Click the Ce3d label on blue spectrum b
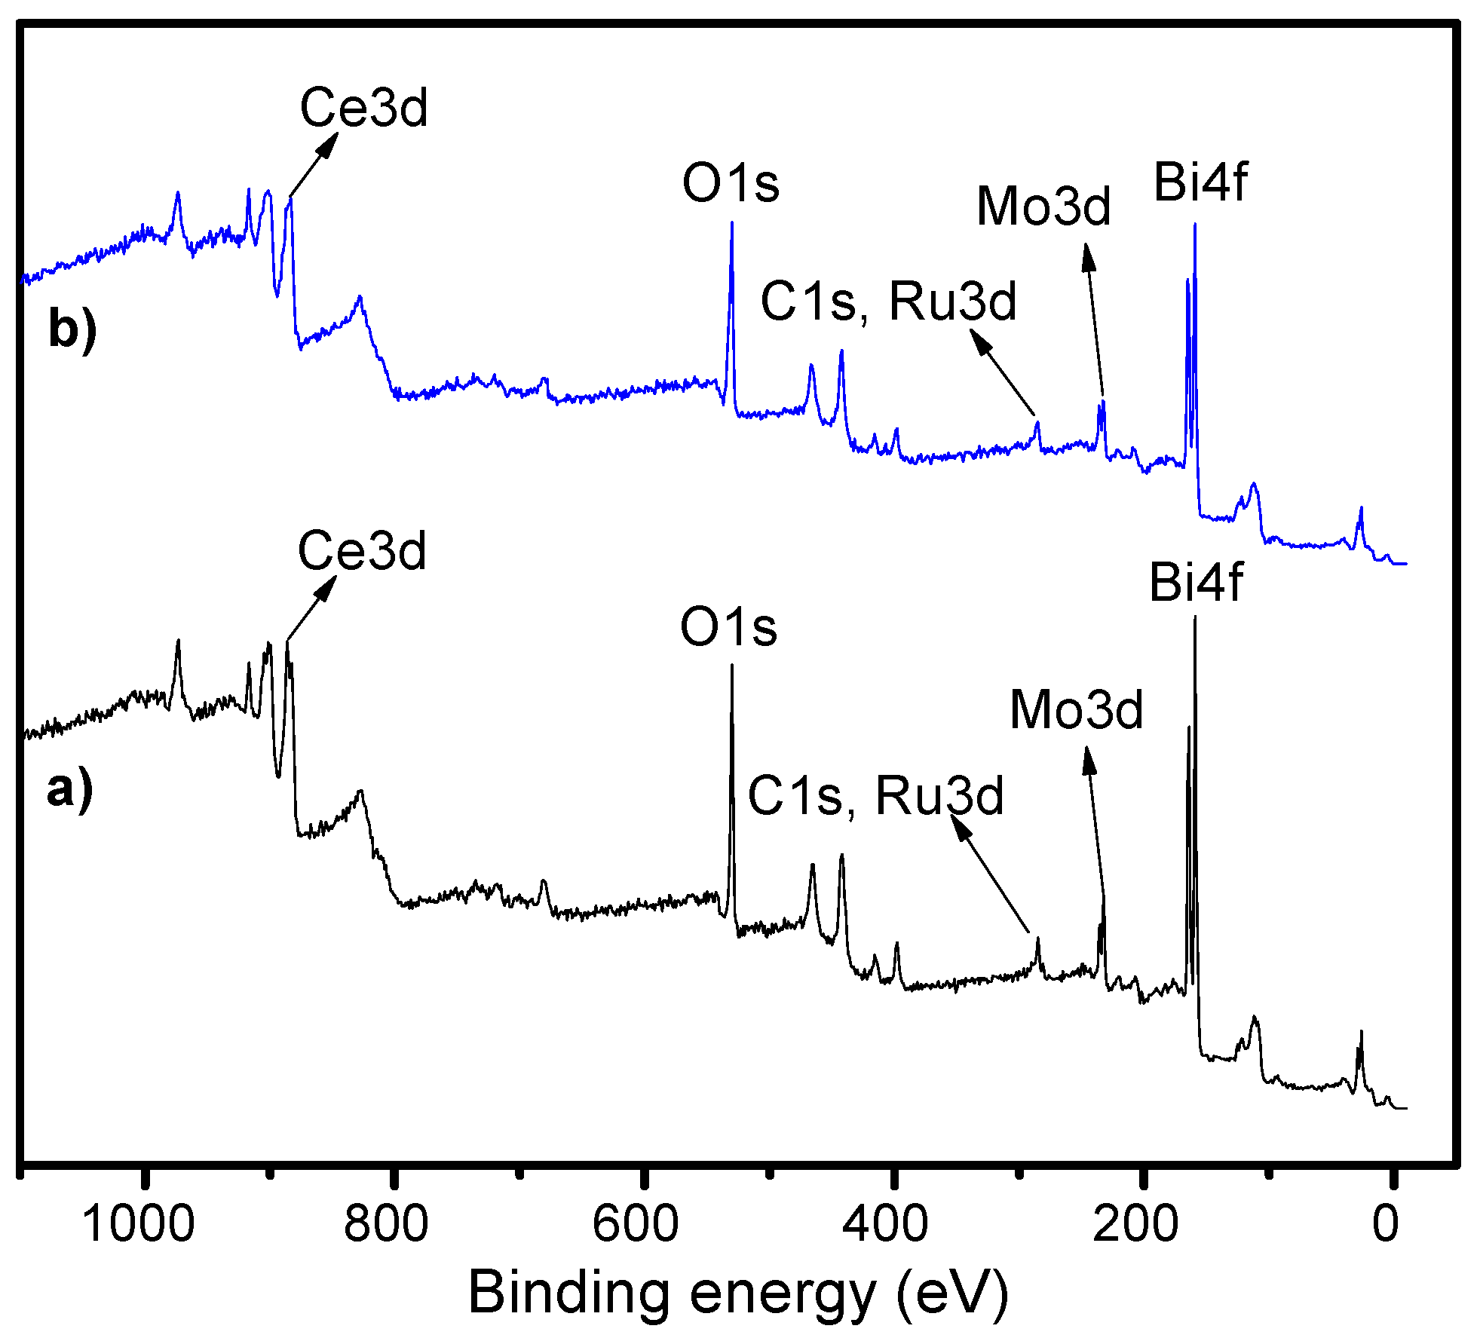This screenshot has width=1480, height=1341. click(364, 108)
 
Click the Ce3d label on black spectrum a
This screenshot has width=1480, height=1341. click(362, 550)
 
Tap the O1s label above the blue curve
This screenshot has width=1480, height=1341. click(730, 183)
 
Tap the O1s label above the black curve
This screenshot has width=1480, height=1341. click(728, 626)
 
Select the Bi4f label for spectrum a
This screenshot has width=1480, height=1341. click(1196, 583)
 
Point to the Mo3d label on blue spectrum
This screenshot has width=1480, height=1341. click(1043, 206)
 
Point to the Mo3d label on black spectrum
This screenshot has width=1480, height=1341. click(1076, 710)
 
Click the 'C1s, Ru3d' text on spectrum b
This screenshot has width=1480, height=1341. click(888, 302)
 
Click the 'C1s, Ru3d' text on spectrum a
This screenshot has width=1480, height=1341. click(875, 795)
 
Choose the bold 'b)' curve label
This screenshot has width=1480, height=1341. click(72, 329)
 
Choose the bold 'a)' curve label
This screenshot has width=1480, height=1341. click(69, 790)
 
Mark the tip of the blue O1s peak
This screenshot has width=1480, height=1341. click(731, 223)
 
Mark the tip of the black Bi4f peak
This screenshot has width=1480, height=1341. click(1194, 618)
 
